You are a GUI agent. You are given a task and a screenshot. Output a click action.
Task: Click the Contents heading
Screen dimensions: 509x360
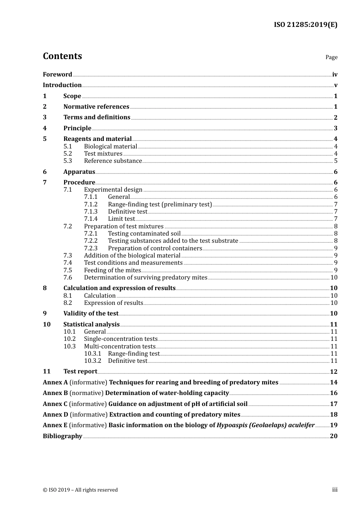click(62, 56)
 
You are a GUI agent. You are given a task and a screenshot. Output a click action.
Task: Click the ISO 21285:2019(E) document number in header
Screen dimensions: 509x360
click(305, 25)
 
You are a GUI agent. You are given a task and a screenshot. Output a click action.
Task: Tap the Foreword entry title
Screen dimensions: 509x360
click(57, 74)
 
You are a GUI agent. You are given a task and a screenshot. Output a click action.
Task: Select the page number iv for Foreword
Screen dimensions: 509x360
click(335, 75)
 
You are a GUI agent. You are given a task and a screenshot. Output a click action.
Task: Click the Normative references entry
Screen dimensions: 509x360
click(96, 107)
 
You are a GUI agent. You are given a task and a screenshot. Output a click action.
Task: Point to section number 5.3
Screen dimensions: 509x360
click(67, 161)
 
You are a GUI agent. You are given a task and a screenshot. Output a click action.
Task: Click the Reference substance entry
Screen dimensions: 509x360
click(113, 161)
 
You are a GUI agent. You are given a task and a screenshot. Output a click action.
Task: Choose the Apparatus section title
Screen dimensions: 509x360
click(79, 172)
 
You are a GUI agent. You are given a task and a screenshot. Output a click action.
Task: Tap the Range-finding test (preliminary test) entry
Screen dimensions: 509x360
click(160, 205)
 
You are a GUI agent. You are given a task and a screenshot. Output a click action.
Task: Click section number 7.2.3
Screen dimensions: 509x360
click(91, 248)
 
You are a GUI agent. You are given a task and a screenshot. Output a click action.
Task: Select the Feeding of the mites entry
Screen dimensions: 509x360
click(112, 270)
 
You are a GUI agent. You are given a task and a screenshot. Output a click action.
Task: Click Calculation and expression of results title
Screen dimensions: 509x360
click(119, 288)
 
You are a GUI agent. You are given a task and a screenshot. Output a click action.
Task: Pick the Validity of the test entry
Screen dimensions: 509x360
click(91, 314)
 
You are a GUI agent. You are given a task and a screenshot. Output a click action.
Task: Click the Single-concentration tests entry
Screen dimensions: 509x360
click(121, 339)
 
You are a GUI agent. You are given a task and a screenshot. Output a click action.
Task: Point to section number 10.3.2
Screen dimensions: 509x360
click(92, 361)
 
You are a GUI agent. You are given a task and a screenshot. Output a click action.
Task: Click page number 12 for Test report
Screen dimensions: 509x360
click(333, 372)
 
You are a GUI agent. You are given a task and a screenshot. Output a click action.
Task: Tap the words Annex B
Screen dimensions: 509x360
click(55, 393)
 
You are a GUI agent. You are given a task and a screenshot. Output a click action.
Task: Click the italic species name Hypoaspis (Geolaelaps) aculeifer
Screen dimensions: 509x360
click(266, 425)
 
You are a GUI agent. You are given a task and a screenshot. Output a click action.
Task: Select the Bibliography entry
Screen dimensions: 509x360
click(63, 436)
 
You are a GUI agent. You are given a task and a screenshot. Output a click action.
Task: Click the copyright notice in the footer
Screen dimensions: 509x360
click(80, 490)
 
